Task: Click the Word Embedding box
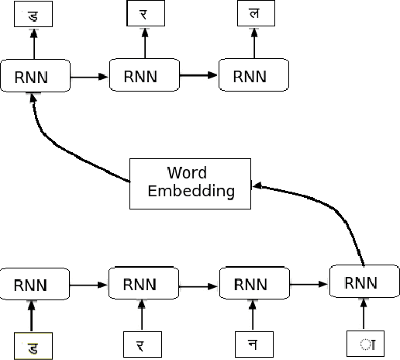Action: pyautogui.click(x=190, y=182)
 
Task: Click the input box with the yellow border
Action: pyautogui.click(x=33, y=344)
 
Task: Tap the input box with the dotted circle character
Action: pyautogui.click(x=364, y=344)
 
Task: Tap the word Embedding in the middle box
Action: pyautogui.click(x=191, y=192)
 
